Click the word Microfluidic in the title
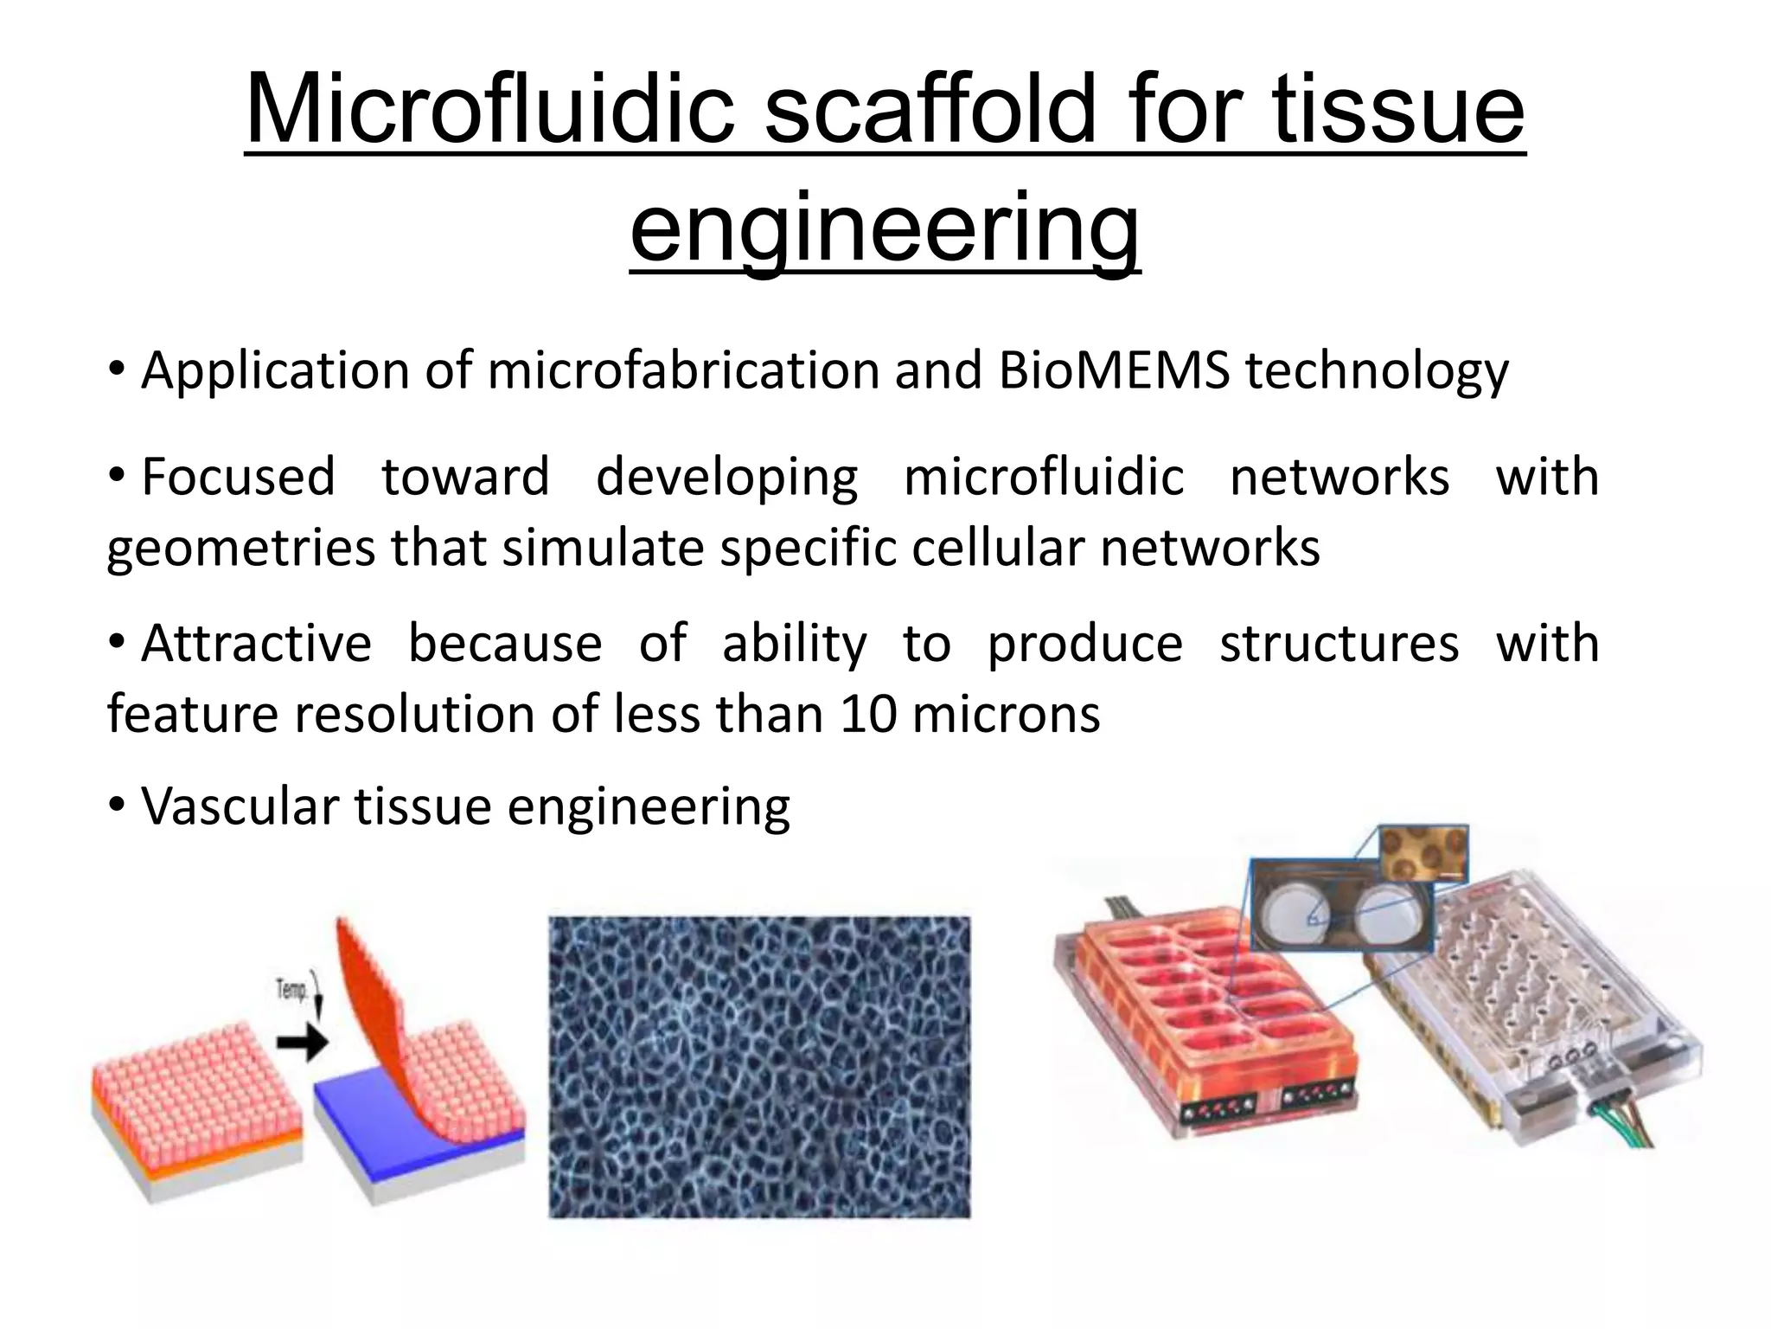[x=489, y=110]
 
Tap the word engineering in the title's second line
[x=885, y=228]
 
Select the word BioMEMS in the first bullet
[x=1113, y=371]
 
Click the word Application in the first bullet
[x=274, y=371]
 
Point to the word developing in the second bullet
[x=726, y=478]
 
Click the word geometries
[x=241, y=549]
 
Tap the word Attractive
[x=256, y=644]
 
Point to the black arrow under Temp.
[x=302, y=1043]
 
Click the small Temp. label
[x=291, y=988]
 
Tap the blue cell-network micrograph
[x=759, y=1066]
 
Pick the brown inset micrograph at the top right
[x=1422, y=851]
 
